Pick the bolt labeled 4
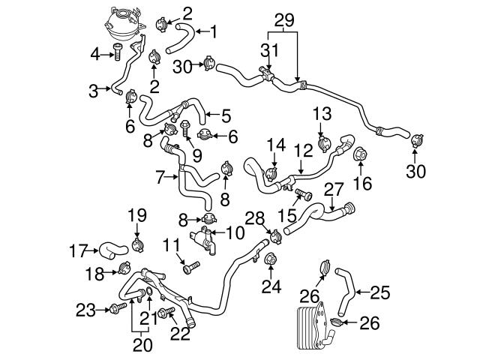click(118, 52)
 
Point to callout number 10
click(235, 232)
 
